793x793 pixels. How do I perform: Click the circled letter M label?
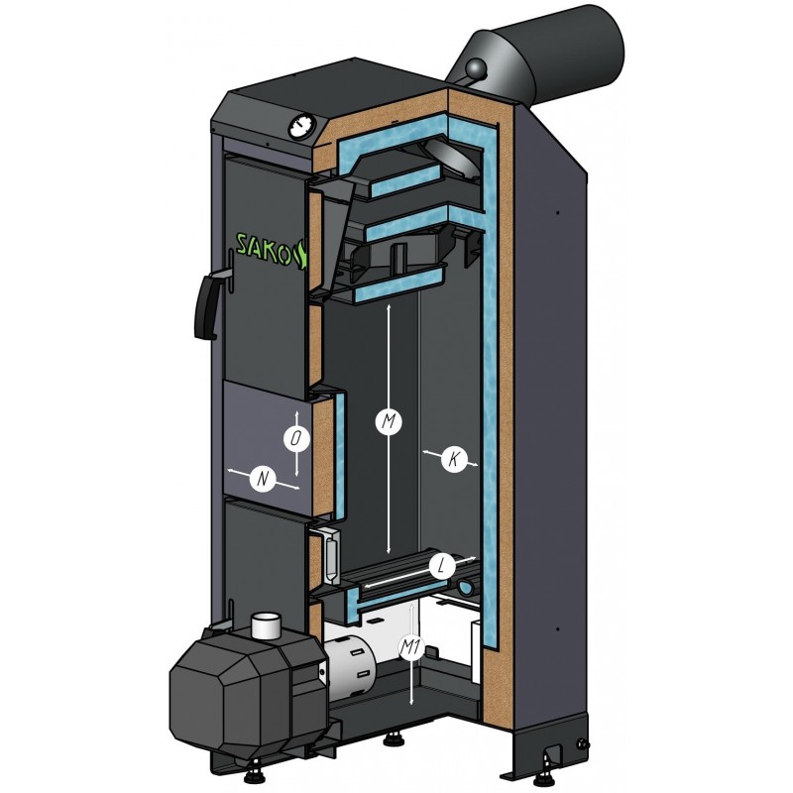pos(388,422)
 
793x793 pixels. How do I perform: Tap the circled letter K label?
pos(454,459)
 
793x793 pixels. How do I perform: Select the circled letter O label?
pos(296,438)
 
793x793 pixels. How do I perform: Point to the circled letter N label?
pos(263,479)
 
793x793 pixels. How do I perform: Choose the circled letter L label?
pos(442,567)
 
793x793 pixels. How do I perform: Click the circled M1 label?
pos(410,647)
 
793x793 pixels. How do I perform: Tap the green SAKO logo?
pos(272,249)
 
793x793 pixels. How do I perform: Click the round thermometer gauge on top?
pos(302,127)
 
